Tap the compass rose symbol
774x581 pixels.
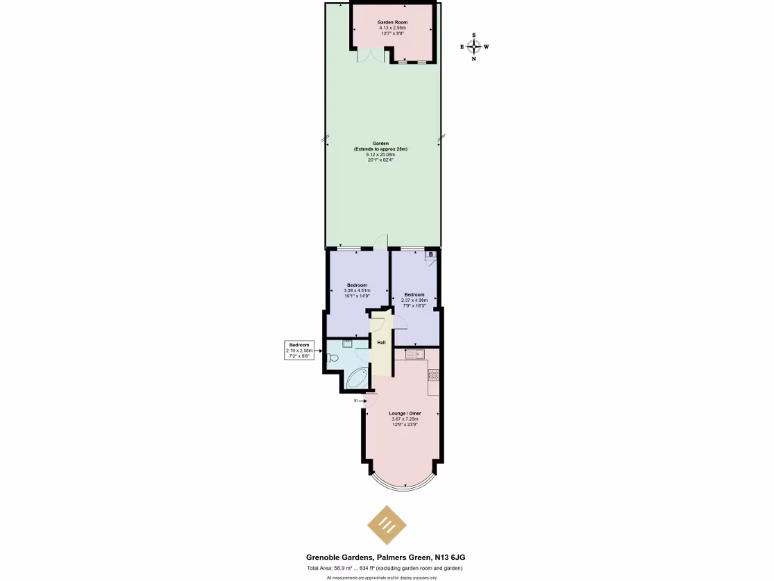[x=474, y=46]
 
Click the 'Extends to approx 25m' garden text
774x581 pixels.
[x=381, y=149]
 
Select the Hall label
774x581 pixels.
[x=382, y=343]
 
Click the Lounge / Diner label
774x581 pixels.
[x=404, y=413]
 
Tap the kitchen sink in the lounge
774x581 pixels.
[x=413, y=353]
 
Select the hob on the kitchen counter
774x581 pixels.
[x=434, y=373]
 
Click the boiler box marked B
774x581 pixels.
[x=431, y=255]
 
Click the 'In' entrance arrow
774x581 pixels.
[x=357, y=401]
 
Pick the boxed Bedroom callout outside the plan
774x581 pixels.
[x=299, y=349]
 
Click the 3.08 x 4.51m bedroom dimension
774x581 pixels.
[x=357, y=290]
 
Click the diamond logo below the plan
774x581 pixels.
[x=386, y=526]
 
